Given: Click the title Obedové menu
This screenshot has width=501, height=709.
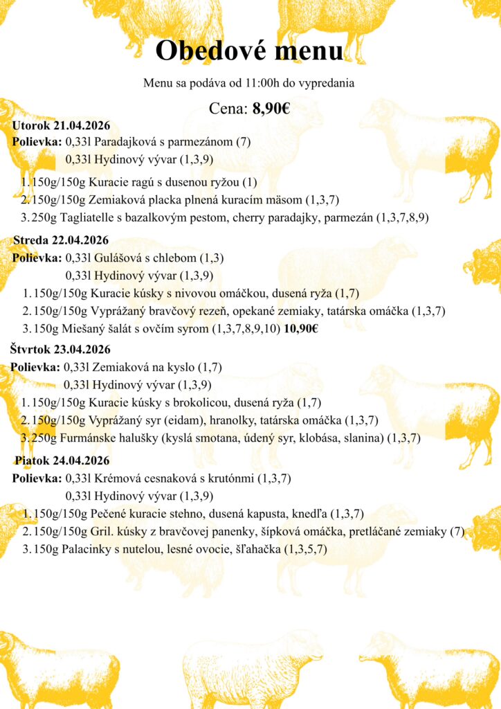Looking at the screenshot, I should [249, 51].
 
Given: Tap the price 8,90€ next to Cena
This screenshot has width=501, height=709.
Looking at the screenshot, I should [271, 108].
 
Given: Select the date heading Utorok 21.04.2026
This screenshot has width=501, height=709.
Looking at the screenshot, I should [61, 125].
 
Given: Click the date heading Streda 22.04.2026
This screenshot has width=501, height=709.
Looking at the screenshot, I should [61, 240].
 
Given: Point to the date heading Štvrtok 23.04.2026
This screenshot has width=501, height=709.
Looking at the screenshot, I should [60, 350].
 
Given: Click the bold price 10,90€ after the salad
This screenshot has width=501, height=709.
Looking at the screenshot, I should [300, 329].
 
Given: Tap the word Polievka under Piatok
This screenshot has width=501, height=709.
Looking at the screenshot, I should [37, 478].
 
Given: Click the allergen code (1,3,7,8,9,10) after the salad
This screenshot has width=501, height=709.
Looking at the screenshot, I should [246, 329].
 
